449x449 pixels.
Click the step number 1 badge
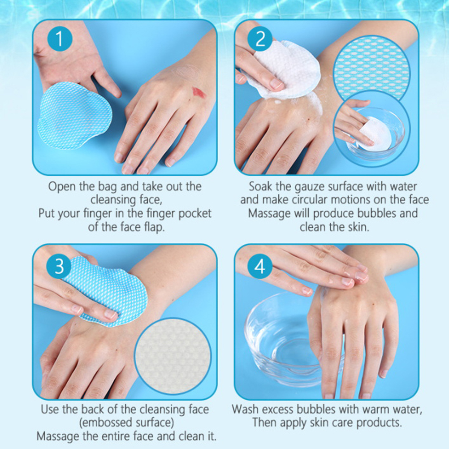click(60, 39)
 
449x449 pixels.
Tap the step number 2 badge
click(260, 39)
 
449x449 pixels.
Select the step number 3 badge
click(59, 266)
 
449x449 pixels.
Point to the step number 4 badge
click(260, 266)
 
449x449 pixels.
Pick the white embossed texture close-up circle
click(173, 356)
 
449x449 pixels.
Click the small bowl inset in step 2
click(371, 129)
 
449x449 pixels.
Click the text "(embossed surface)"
click(126, 423)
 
